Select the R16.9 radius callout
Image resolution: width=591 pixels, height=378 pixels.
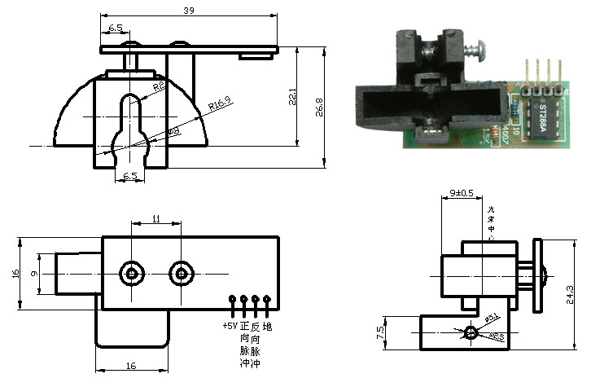tap(219, 103)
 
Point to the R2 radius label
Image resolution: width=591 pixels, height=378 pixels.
tap(160, 86)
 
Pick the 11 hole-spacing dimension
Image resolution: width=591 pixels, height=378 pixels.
tap(156, 219)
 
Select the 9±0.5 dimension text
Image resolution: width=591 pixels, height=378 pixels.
tap(462, 193)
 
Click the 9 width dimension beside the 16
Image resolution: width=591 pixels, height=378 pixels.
tap(33, 275)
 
